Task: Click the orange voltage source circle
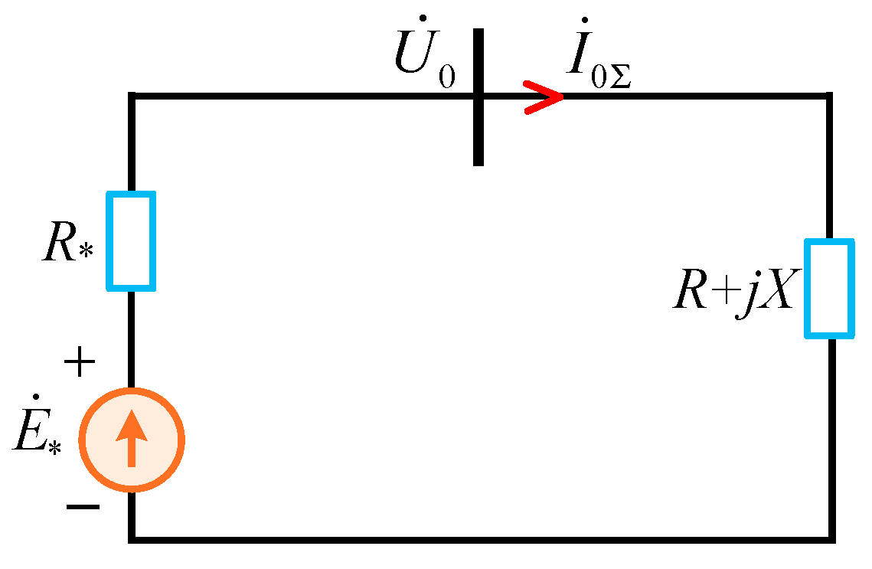(132, 439)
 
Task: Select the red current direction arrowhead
(544, 96)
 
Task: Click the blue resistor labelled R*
(131, 241)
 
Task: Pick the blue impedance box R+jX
(829, 289)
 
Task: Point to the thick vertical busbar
(478, 96)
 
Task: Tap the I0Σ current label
(598, 58)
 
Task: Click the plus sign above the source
(80, 363)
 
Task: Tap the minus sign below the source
(82, 506)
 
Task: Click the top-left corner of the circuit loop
(132, 96)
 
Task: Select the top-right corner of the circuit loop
(829, 96)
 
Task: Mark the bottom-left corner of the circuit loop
(132, 538)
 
